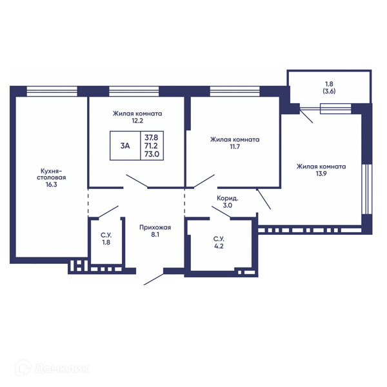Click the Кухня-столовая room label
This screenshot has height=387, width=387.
(x=52, y=174)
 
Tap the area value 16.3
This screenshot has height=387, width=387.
(x=52, y=184)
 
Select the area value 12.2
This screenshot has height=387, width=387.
(x=137, y=121)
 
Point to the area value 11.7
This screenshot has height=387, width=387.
(x=235, y=146)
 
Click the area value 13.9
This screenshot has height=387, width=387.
(x=321, y=174)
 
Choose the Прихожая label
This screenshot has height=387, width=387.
(x=155, y=227)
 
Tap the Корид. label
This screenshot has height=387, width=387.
(x=227, y=198)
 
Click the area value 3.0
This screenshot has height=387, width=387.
(x=227, y=205)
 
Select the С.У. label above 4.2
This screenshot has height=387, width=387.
(x=219, y=239)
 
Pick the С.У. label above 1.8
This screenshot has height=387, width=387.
(x=106, y=235)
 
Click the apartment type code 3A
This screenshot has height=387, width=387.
(x=125, y=146)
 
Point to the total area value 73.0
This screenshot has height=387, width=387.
(x=152, y=154)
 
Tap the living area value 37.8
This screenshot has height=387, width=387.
(x=152, y=137)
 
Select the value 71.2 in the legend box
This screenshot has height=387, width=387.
(x=151, y=146)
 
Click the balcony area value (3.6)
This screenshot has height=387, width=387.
(x=329, y=91)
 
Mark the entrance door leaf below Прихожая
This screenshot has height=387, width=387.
(x=154, y=279)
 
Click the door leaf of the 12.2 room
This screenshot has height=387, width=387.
(x=137, y=181)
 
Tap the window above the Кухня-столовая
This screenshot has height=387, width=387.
(x=52, y=91)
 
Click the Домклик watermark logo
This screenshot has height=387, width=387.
(x=52, y=368)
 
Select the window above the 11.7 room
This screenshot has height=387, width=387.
(x=235, y=91)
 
